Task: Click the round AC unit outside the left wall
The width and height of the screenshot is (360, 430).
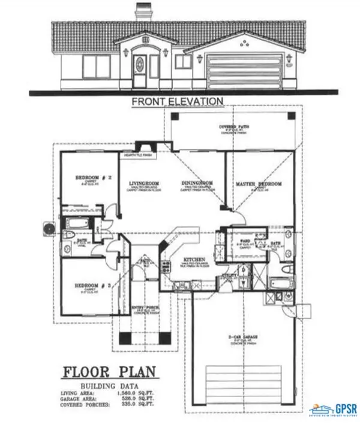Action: [x=47, y=228]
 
